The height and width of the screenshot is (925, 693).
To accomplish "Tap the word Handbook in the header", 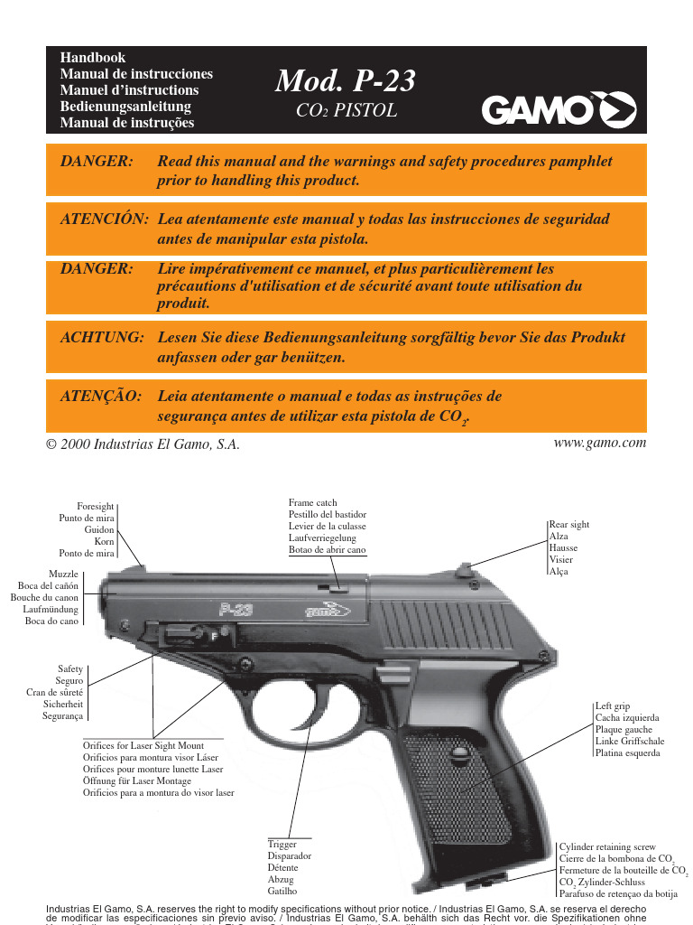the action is [86, 57].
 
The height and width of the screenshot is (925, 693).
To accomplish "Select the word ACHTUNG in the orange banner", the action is [101, 337].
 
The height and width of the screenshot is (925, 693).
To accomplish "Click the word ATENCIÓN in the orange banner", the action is [103, 220].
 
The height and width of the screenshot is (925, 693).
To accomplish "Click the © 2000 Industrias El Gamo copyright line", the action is [143, 444].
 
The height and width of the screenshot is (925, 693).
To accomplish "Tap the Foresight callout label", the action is [95, 507].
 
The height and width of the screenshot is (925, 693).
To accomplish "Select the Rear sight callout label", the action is [568, 525].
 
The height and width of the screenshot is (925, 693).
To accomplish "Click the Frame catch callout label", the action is [312, 502].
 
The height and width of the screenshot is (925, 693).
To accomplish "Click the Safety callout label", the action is [70, 670].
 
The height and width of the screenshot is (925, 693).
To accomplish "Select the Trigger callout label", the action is [282, 845].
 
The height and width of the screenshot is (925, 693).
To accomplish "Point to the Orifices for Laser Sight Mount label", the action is [143, 746].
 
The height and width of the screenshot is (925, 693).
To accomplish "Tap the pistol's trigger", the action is [298, 723].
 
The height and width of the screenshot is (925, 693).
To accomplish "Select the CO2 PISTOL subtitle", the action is [346, 112].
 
